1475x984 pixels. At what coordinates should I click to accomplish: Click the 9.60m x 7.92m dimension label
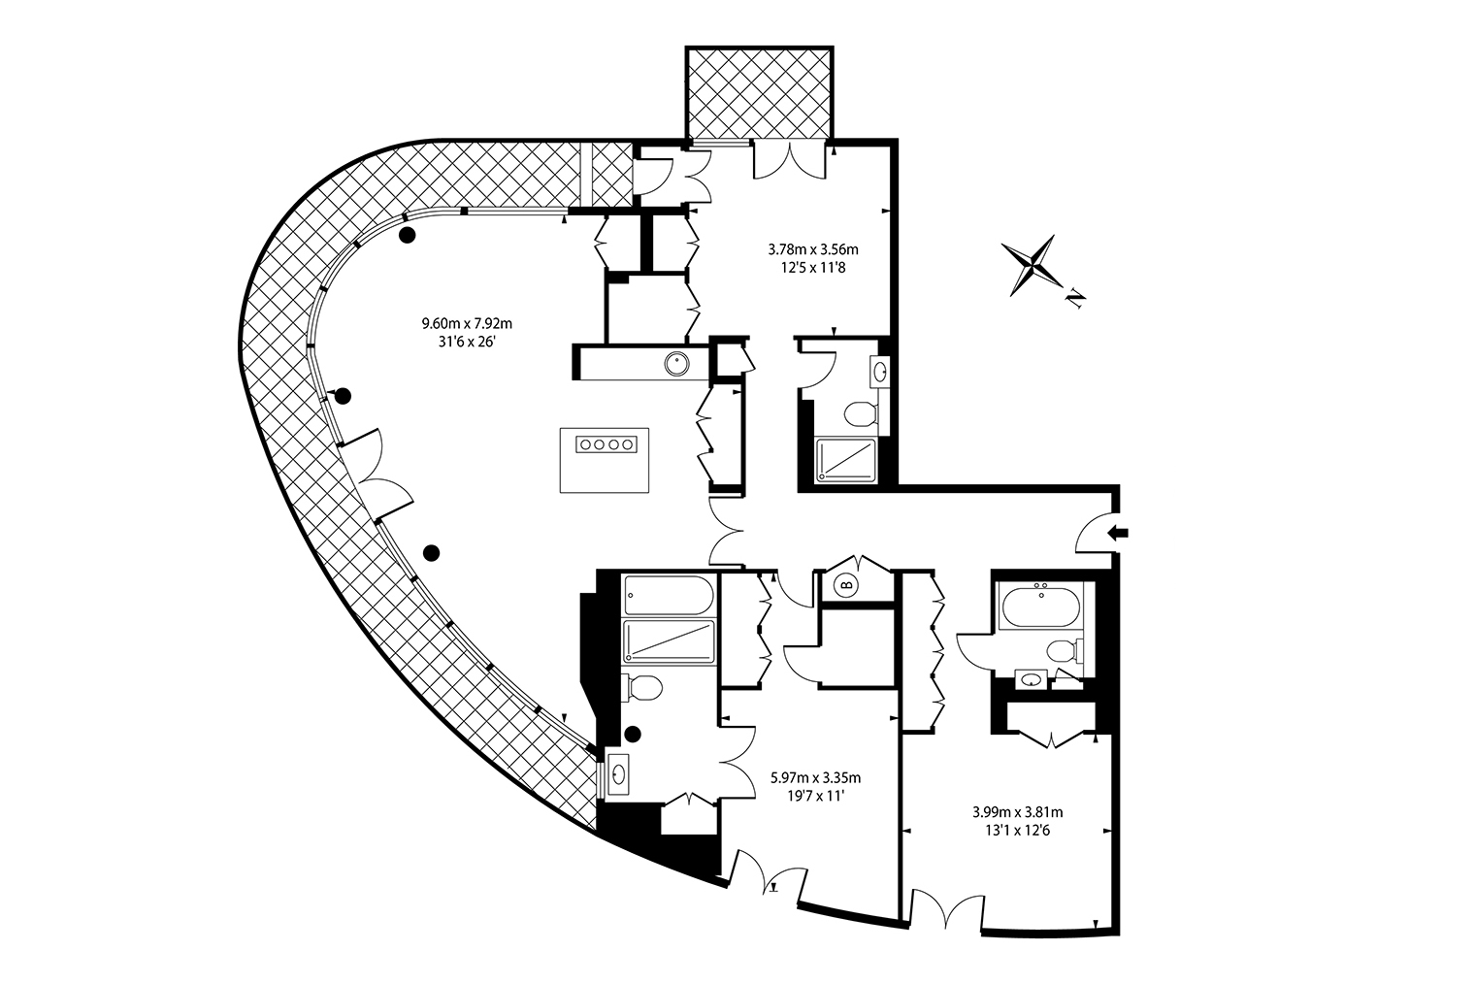(x=467, y=323)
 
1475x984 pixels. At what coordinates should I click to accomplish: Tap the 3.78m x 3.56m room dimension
(x=813, y=249)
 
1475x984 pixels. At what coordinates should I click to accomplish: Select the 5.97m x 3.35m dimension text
(x=816, y=778)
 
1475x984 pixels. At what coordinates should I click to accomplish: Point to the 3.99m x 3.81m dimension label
(x=1017, y=812)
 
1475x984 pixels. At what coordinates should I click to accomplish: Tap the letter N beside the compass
(x=1075, y=299)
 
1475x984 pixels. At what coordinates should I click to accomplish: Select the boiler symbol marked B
(x=847, y=585)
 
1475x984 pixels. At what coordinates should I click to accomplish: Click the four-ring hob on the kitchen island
(x=606, y=443)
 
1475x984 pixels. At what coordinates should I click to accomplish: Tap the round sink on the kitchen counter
(x=677, y=364)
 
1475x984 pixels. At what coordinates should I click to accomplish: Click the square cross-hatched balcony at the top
(x=759, y=93)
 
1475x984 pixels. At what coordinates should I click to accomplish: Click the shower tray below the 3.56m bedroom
(x=846, y=460)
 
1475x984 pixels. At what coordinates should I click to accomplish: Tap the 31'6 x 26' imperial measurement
(x=468, y=342)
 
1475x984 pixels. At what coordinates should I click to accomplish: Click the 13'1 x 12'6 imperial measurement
(x=1017, y=831)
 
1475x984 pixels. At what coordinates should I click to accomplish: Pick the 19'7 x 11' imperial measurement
(x=816, y=796)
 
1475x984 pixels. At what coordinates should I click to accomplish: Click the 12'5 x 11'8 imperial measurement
(x=813, y=268)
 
